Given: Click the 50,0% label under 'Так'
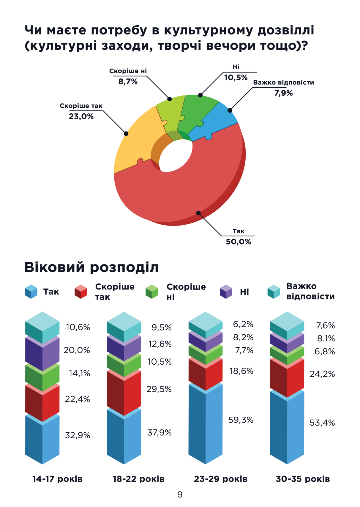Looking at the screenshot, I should click(x=238, y=242).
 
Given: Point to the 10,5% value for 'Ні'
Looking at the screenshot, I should click(x=236, y=78).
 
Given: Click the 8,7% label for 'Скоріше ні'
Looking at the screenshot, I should click(x=128, y=81).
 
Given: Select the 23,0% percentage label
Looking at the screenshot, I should click(x=81, y=116).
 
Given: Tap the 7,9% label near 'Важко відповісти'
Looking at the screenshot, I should click(x=283, y=93).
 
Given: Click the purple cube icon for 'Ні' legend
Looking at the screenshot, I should click(x=226, y=292).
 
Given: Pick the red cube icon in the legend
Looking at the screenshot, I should click(x=80, y=292).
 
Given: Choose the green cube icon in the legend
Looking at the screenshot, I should click(x=151, y=292).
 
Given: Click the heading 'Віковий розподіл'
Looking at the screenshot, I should click(x=91, y=267).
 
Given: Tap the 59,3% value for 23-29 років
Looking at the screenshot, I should click(x=241, y=420).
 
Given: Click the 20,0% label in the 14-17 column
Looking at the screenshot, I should click(x=77, y=350).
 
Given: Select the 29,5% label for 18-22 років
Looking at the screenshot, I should click(x=159, y=389).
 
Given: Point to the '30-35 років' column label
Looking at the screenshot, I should click(x=303, y=479).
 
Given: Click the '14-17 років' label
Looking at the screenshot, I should click(x=57, y=479).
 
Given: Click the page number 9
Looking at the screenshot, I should click(x=180, y=495).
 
